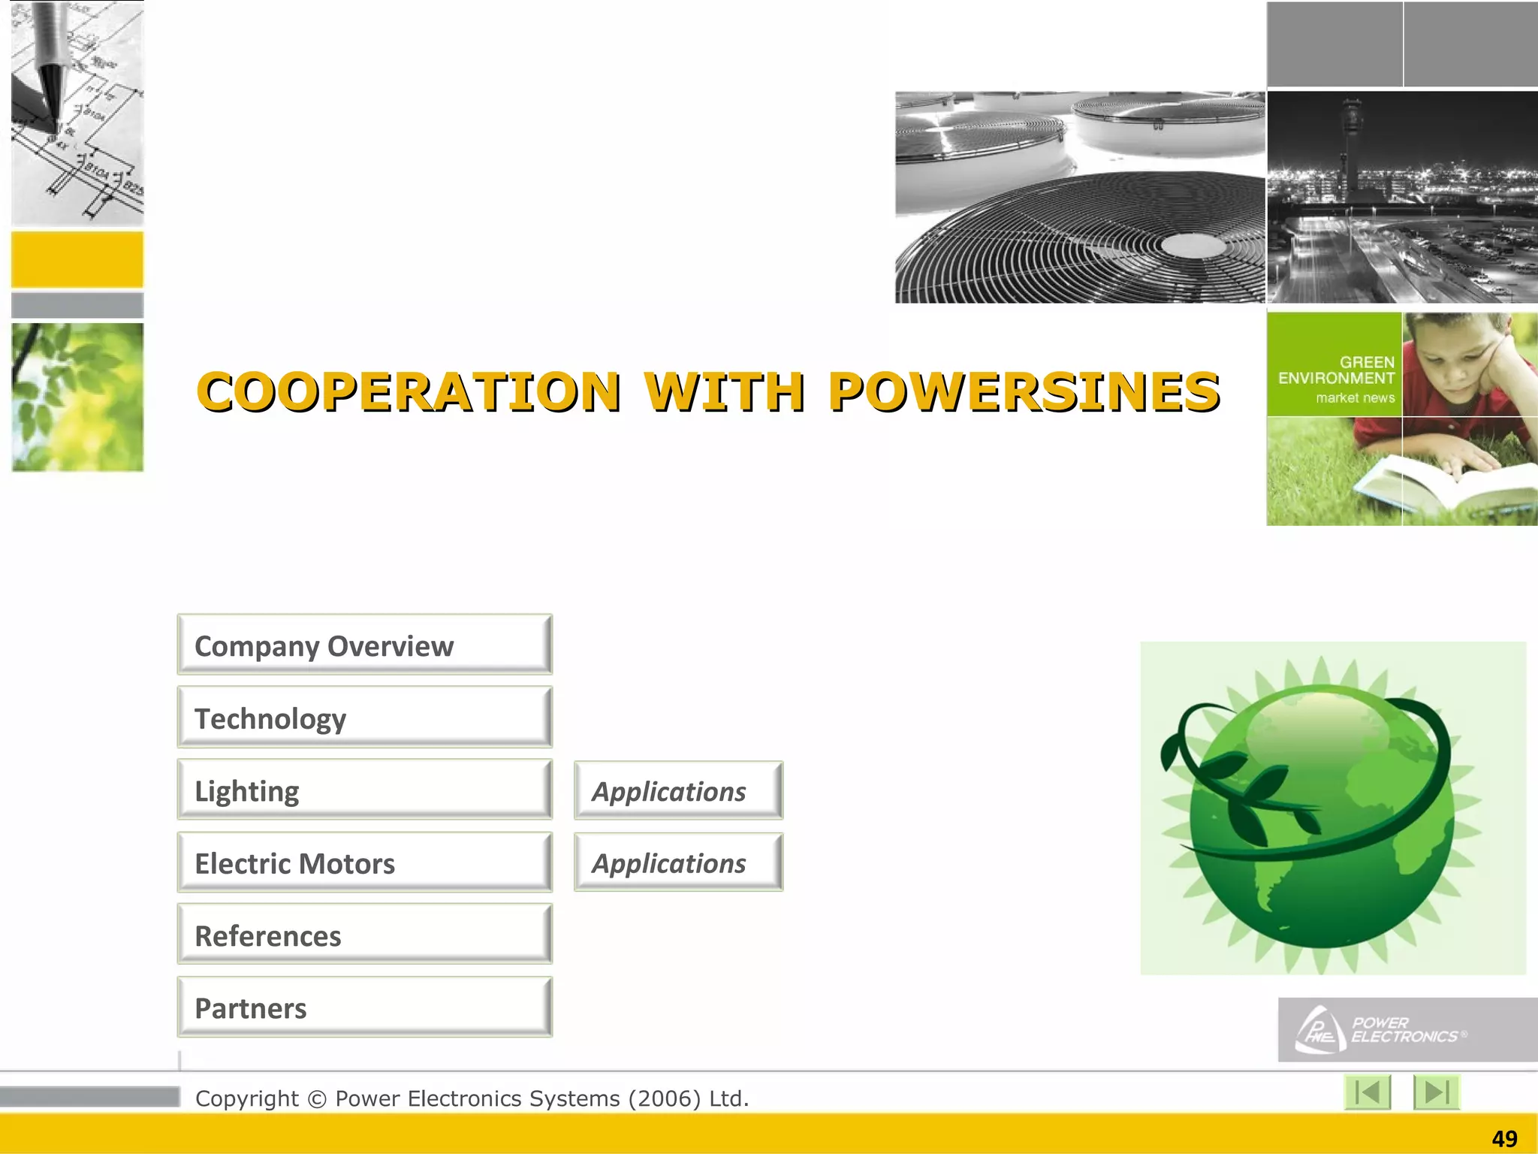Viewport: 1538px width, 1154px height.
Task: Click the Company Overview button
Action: point(364,645)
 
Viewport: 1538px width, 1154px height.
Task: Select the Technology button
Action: point(364,717)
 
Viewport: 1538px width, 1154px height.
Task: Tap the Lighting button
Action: point(364,790)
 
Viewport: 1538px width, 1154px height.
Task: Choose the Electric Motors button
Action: point(364,862)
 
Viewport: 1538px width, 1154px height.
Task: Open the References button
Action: point(364,935)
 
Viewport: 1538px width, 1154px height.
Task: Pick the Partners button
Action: point(364,1007)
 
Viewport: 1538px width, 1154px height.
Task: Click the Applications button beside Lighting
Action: point(678,790)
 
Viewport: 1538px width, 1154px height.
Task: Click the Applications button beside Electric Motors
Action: point(678,862)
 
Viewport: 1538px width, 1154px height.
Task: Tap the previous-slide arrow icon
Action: point(1368,1092)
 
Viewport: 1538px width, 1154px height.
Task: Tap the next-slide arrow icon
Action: point(1436,1092)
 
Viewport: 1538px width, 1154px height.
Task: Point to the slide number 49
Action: point(1504,1139)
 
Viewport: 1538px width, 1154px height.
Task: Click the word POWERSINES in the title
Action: point(1024,392)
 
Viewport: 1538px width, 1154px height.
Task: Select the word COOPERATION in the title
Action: point(409,392)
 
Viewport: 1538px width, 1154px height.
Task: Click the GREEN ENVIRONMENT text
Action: point(1337,370)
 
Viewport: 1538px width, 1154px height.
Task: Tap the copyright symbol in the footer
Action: point(317,1099)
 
